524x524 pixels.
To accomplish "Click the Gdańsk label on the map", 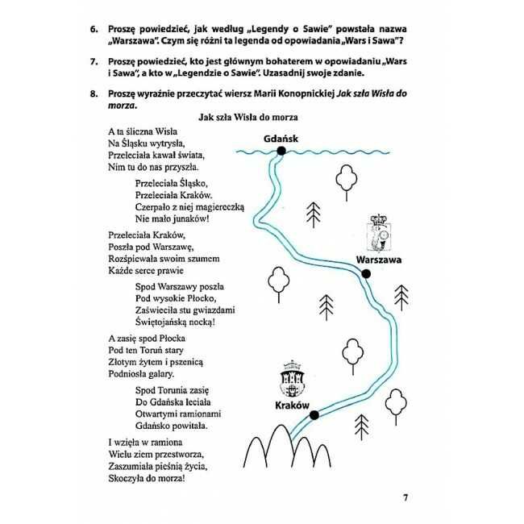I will pyautogui.click(x=281, y=139).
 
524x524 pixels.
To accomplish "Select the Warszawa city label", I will pyautogui.click(x=378, y=260).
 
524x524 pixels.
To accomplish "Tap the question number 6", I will pyautogui.click(x=94, y=29).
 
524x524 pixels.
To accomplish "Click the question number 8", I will pyautogui.click(x=94, y=94).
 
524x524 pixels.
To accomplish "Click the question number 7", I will pyautogui.click(x=94, y=62).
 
